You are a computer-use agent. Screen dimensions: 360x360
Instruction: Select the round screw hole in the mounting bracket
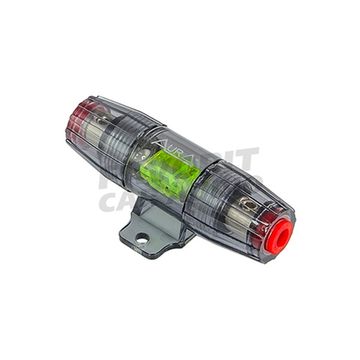pos(142,239)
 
